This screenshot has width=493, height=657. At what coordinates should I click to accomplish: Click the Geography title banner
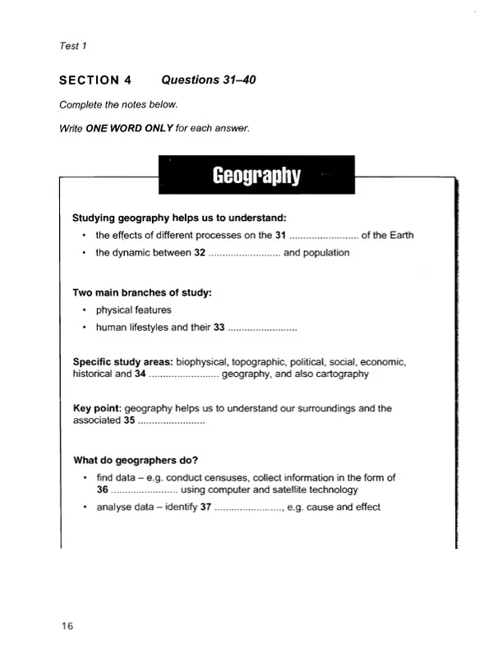256,176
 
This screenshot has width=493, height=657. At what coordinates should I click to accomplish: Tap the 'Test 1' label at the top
72,46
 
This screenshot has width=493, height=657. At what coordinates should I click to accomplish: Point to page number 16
67,626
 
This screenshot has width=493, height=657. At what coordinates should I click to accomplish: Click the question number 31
280,235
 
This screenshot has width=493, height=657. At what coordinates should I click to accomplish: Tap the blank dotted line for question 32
244,253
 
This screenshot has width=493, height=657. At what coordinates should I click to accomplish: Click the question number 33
219,328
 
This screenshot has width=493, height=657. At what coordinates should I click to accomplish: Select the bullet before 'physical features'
85,310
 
